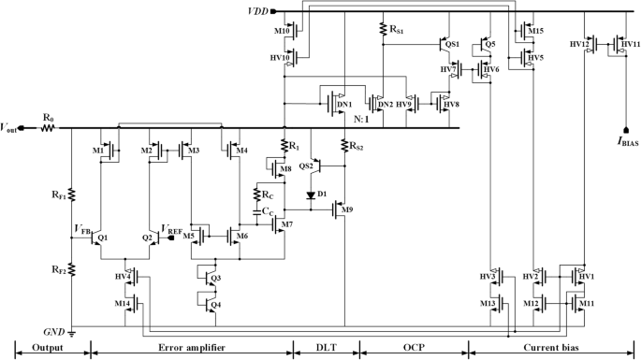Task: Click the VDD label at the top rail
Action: pyautogui.click(x=255, y=12)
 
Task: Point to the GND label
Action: pyautogui.click(x=53, y=331)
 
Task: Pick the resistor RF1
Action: pyautogui.click(x=71, y=194)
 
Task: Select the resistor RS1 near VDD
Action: pyautogui.click(x=383, y=30)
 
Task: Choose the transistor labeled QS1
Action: pyautogui.click(x=445, y=43)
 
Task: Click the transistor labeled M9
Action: pyautogui.click(x=340, y=209)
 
